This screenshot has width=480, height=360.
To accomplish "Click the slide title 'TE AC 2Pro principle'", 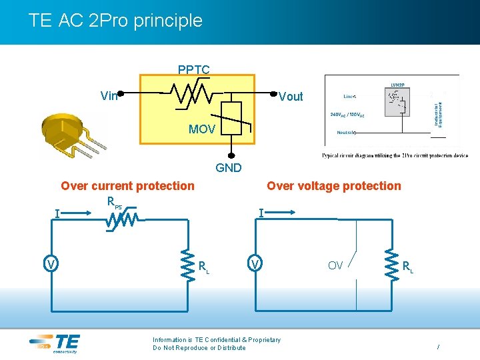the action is [115, 21].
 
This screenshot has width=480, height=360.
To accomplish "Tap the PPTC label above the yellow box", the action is [193, 69].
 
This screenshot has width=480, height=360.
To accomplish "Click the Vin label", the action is [109, 96].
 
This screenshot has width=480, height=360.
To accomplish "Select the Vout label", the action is [291, 97].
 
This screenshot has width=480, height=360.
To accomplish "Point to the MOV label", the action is [201, 129].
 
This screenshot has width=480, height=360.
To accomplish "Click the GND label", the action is [229, 168].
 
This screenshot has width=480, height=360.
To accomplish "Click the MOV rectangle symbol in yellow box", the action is [231, 117].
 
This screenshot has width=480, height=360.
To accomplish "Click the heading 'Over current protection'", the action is [127, 186].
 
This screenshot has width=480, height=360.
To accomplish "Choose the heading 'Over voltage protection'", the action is [333, 186].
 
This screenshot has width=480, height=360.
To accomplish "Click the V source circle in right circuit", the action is [254, 265].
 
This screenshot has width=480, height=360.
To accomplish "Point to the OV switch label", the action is [335, 266].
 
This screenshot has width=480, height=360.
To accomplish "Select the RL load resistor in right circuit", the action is [391, 261].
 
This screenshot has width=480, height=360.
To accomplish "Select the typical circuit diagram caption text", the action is [395, 156].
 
